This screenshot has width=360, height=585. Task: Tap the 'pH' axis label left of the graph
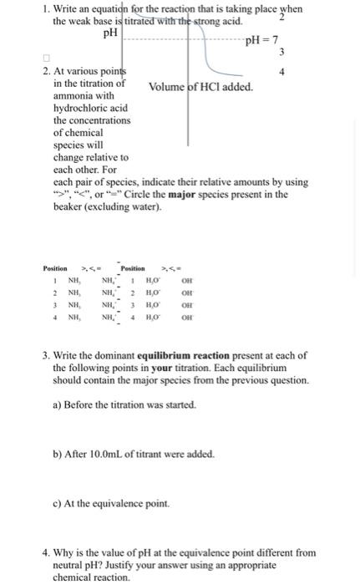(x=109, y=33)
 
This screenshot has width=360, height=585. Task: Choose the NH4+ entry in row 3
(x=109, y=305)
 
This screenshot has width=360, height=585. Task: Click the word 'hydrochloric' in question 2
(x=79, y=109)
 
